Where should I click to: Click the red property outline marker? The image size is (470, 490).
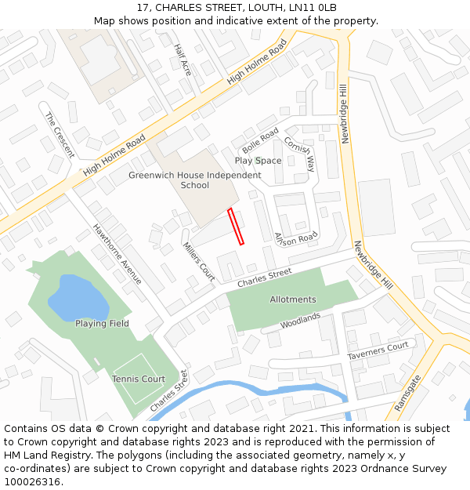coord(236,227)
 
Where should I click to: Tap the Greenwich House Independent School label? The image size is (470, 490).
coord(195,180)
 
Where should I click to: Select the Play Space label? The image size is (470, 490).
coord(258,161)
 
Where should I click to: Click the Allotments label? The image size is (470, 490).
coord(293,299)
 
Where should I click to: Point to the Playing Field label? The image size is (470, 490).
coord(102,324)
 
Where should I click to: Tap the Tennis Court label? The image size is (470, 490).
coord(138,379)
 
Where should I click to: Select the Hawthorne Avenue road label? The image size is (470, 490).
coord(117,254)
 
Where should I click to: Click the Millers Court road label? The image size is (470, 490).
coord(199,261)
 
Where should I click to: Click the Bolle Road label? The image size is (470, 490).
coord(260,141)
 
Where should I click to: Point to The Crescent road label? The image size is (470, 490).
coord(60,135)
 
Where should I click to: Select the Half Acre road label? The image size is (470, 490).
coord(183,60)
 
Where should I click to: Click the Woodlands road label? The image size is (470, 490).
coord(301,321)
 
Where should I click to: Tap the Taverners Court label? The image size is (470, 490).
coord(378,350)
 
